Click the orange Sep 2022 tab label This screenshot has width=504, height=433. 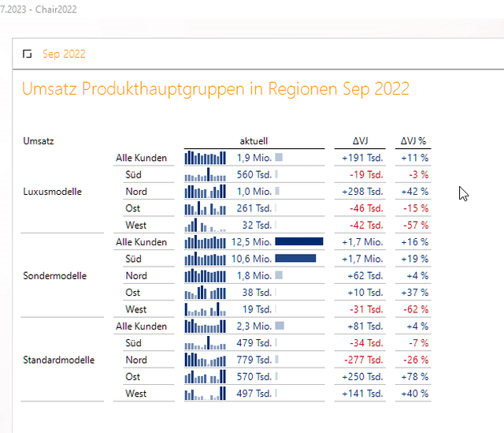(64, 54)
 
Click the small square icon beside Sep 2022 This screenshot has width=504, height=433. (28, 54)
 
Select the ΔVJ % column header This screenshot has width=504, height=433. (413, 141)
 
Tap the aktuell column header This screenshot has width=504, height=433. (254, 141)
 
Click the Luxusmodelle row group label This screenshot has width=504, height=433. (53, 192)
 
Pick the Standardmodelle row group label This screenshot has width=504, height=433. (59, 360)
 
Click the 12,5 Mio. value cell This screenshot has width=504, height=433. (252, 242)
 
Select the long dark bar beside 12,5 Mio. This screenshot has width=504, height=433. (299, 242)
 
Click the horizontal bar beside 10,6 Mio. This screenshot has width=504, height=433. (295, 259)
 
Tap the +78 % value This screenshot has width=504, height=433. (414, 377)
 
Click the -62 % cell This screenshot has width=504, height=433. (415, 310)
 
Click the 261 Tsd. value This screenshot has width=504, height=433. (254, 208)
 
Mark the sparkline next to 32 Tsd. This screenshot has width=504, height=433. (205, 226)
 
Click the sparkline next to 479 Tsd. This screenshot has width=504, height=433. (205, 343)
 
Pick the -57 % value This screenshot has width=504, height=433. (415, 226)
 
